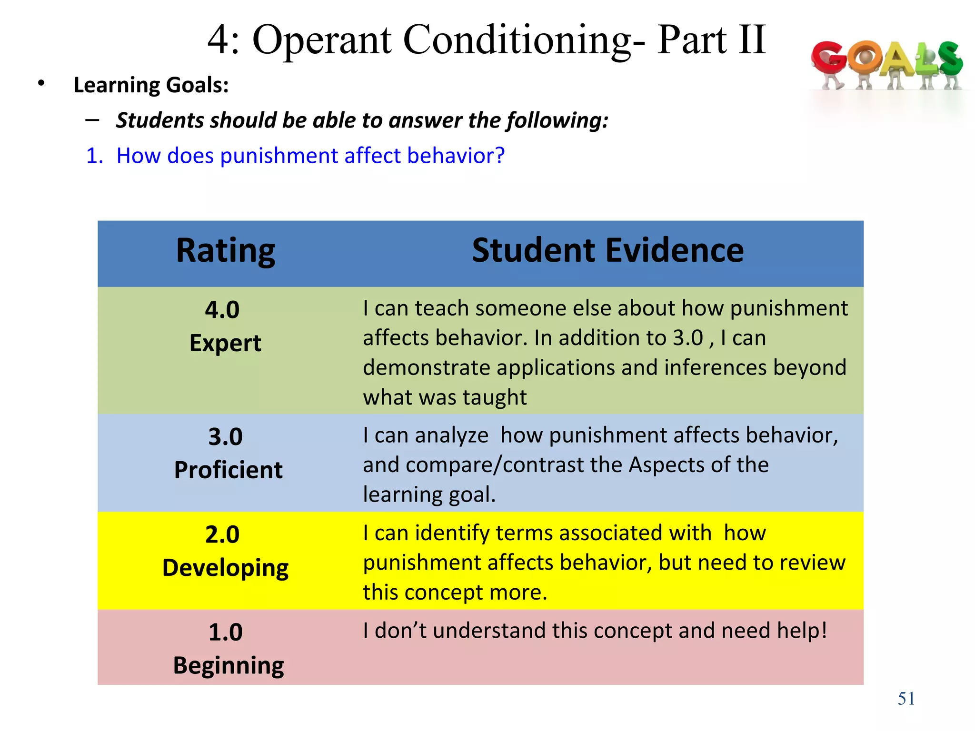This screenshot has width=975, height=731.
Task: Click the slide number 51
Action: (x=906, y=699)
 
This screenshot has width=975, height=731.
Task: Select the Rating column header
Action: (x=225, y=251)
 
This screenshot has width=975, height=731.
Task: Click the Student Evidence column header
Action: (x=607, y=251)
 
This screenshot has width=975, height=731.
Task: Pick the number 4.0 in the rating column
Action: (x=222, y=310)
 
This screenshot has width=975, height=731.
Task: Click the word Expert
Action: (x=225, y=343)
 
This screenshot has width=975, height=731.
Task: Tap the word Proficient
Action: (x=228, y=470)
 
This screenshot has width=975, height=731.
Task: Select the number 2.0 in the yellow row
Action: (x=222, y=534)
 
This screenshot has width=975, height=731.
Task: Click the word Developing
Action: (x=225, y=568)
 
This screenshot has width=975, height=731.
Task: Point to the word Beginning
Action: (x=228, y=665)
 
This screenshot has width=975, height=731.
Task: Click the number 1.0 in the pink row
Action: (x=225, y=632)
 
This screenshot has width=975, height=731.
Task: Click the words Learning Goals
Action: (x=151, y=86)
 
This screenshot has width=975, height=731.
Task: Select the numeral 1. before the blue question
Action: (x=94, y=156)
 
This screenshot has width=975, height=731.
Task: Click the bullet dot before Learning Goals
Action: (x=41, y=84)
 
